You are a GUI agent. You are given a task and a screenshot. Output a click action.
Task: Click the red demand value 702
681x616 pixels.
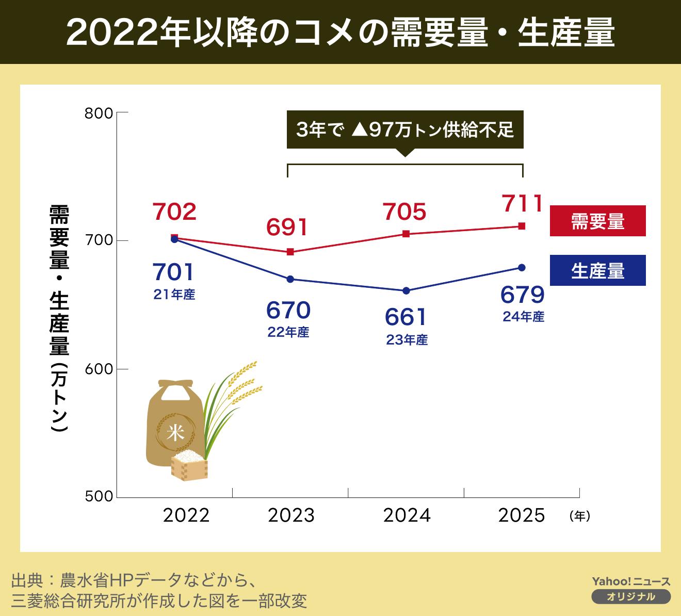(174, 212)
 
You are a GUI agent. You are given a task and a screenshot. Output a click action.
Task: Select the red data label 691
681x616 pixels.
(287, 228)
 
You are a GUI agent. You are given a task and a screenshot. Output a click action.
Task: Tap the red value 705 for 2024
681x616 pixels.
(405, 212)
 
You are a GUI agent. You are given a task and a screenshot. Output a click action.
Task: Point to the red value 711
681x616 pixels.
(522, 204)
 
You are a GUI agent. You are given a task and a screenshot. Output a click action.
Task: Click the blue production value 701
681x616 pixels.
(174, 272)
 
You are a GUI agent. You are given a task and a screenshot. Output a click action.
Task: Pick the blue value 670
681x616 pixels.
(288, 311)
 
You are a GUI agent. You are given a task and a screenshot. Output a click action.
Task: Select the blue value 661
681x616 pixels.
(406, 317)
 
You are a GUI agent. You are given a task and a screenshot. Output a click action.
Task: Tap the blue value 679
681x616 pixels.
(523, 295)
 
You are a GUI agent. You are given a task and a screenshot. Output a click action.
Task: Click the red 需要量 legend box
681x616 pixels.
(597, 221)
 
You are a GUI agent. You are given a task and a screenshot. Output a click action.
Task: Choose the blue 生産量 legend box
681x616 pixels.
(597, 271)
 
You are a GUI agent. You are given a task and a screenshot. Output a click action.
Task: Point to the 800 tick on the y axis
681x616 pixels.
(99, 113)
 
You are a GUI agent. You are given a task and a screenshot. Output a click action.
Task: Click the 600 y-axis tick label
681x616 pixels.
(99, 369)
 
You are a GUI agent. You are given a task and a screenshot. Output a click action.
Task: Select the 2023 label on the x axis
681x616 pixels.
(291, 515)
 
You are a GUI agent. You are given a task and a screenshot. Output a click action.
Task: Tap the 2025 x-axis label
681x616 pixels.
(522, 515)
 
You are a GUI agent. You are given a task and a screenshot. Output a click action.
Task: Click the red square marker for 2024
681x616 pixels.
(406, 234)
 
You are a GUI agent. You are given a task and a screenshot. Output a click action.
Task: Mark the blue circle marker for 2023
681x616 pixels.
(290, 279)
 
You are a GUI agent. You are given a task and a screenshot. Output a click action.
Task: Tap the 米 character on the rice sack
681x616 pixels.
(175, 433)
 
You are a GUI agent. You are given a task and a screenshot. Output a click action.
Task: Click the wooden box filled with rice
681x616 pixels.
(189, 465)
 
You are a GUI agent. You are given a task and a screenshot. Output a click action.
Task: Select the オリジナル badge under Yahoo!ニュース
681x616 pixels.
(631, 597)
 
